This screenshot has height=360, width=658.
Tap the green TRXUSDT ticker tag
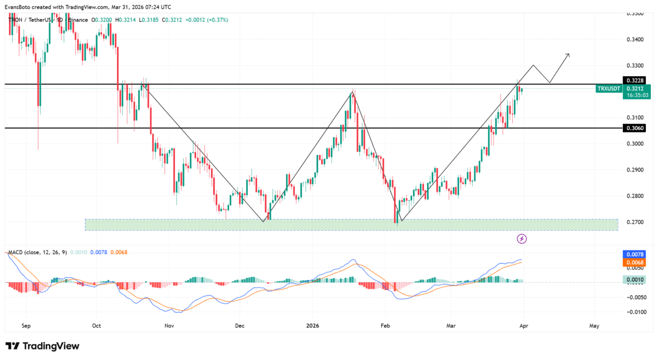pos(609,88)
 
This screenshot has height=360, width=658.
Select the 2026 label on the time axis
pos(312,325)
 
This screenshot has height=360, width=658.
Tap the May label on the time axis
pos(594,325)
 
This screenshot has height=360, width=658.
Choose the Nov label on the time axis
pos(169,325)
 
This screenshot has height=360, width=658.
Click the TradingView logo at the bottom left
pos(43,346)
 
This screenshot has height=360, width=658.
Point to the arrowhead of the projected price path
pos(568,54)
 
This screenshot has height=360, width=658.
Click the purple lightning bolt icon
pos(522,238)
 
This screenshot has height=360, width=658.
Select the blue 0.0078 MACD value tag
pos(636,255)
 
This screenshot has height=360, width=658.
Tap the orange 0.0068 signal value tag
pos(636,262)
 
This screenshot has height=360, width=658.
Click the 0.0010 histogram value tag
pos(636,279)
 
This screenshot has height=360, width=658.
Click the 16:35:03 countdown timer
pos(636,95)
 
